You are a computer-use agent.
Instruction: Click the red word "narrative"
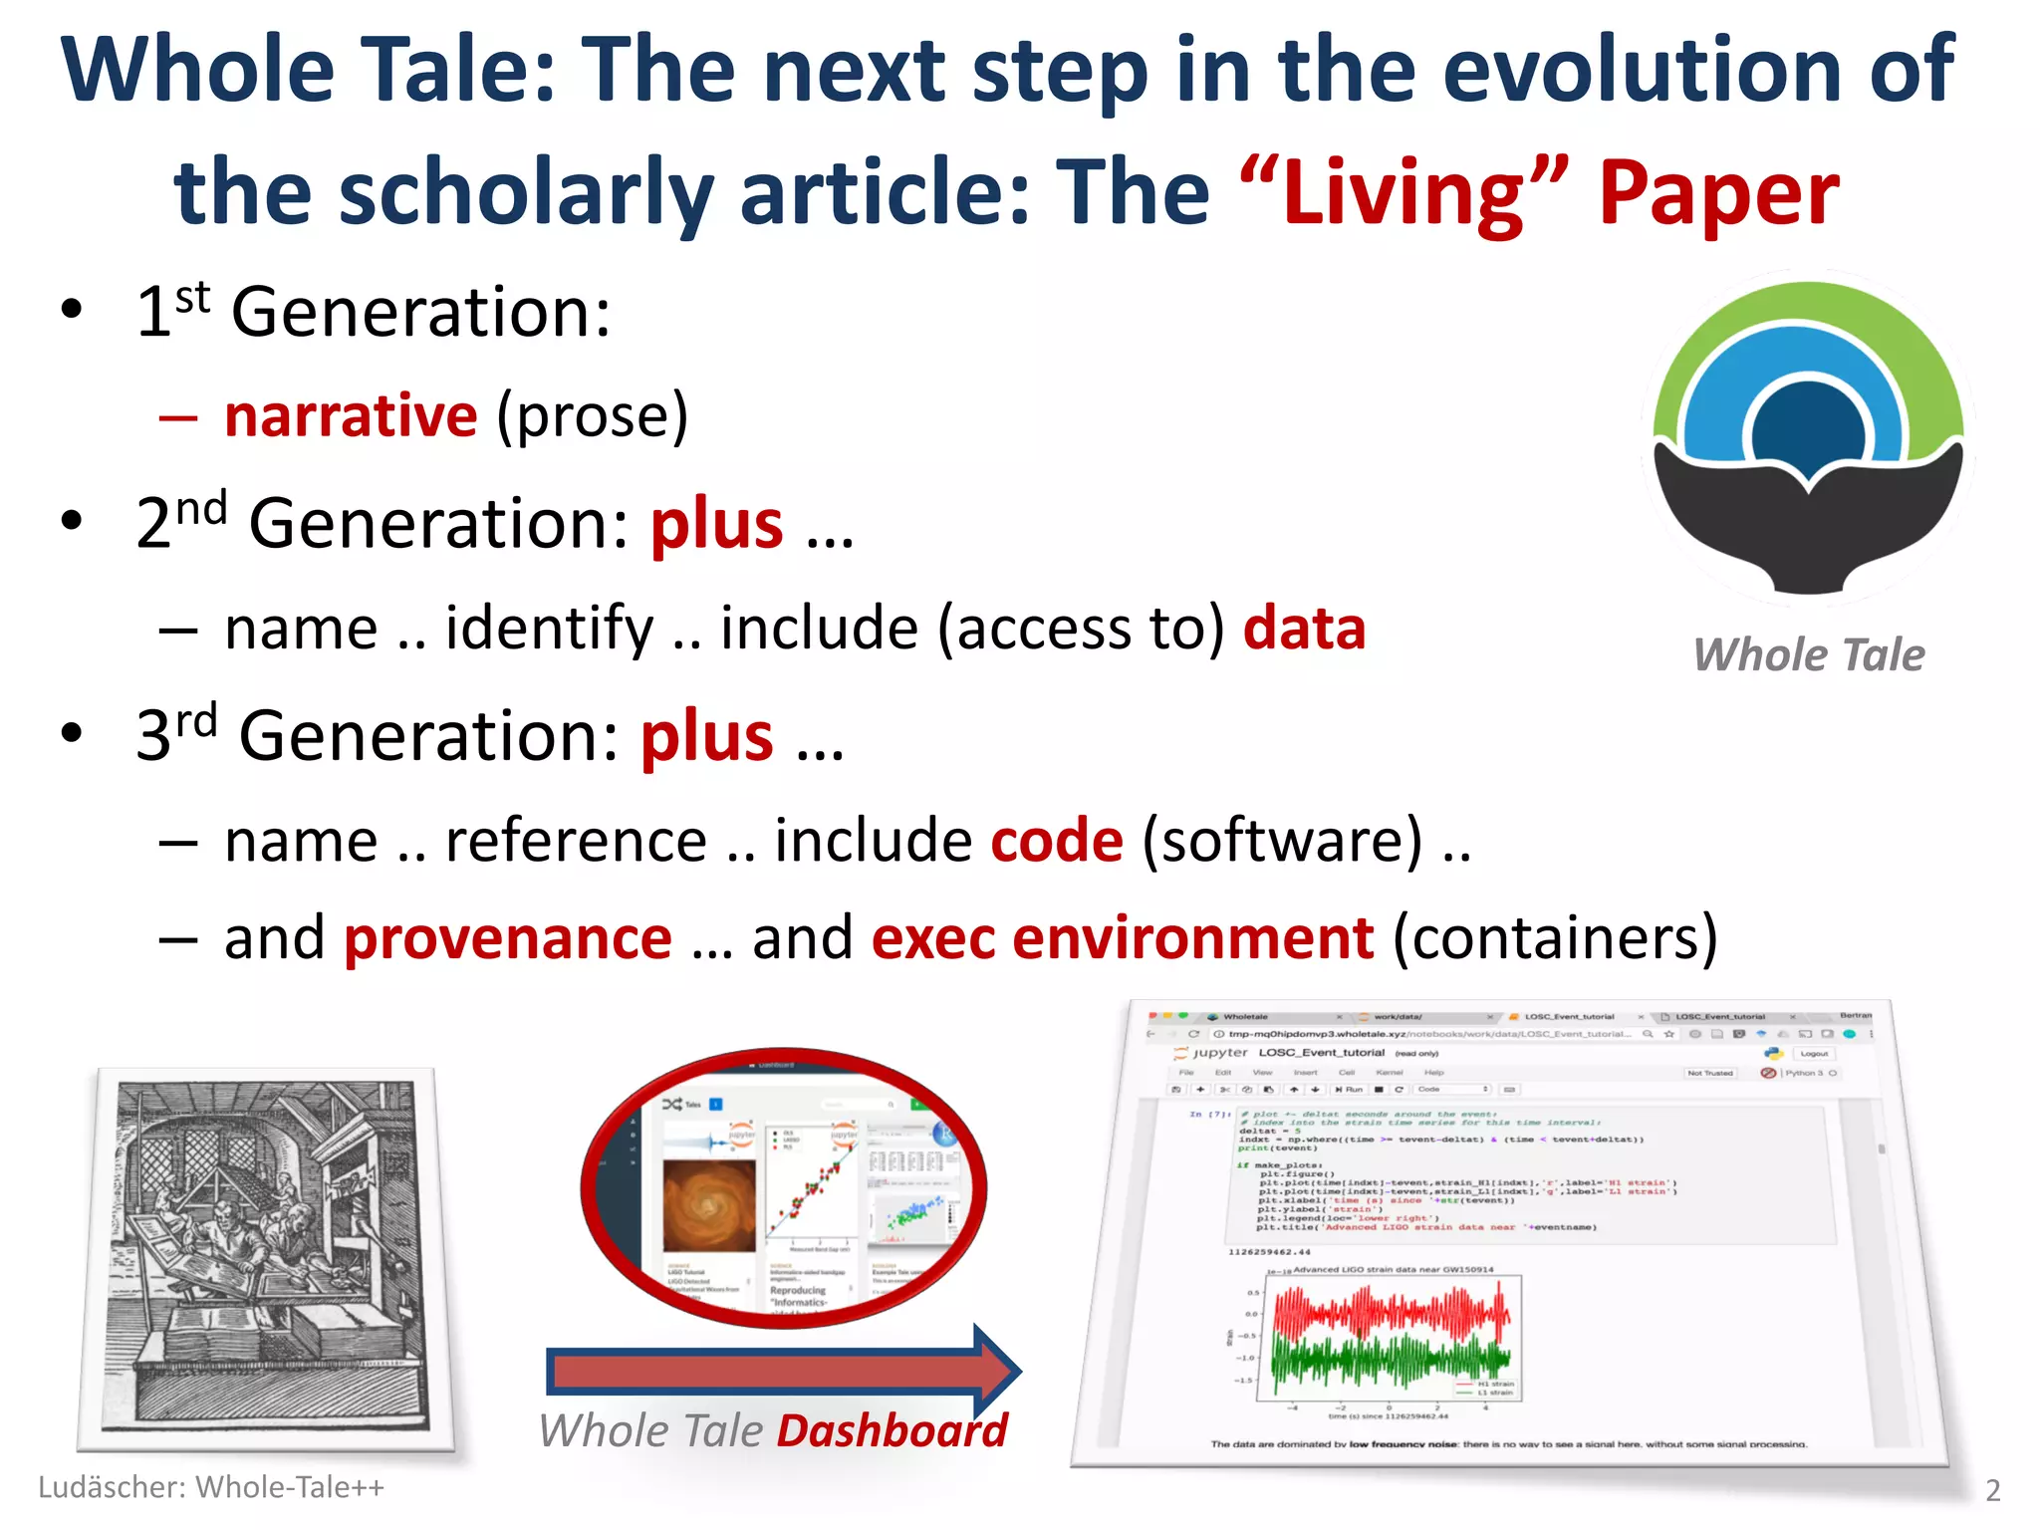(351, 415)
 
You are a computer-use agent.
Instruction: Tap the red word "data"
(1304, 629)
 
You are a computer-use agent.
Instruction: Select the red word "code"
(1057, 841)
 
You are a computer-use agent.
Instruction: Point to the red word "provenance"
(508, 938)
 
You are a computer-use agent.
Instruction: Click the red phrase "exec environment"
(1123, 938)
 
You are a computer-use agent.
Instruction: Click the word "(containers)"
(1555, 938)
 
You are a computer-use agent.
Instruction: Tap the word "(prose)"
(593, 415)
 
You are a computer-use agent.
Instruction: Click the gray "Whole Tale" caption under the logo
(1809, 655)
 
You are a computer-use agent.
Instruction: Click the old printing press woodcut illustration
(266, 1257)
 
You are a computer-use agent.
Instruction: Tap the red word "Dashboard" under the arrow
(892, 1431)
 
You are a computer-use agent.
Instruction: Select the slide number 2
(1992, 1490)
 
